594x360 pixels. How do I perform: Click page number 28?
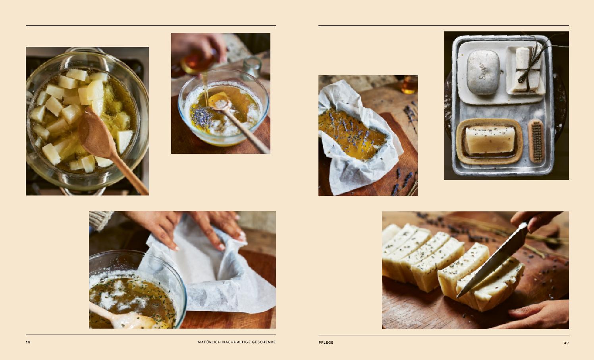point(28,342)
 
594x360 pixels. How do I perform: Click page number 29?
point(566,343)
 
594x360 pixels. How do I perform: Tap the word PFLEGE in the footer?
point(326,343)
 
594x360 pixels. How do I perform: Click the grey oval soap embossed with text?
point(483,72)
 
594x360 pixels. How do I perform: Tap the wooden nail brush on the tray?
point(536,141)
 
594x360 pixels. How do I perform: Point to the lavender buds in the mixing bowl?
point(202,117)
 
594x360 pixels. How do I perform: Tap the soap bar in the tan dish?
point(490,140)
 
